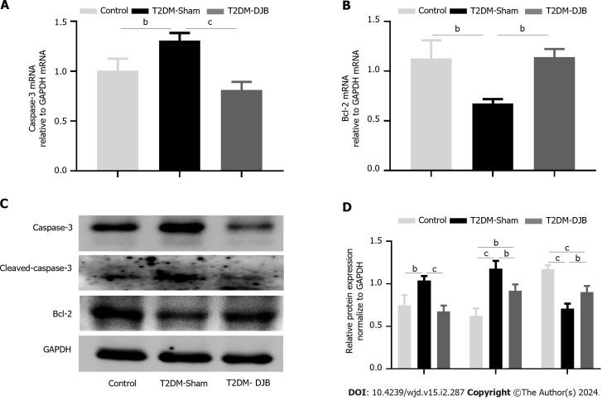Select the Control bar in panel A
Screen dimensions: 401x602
click(118, 120)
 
